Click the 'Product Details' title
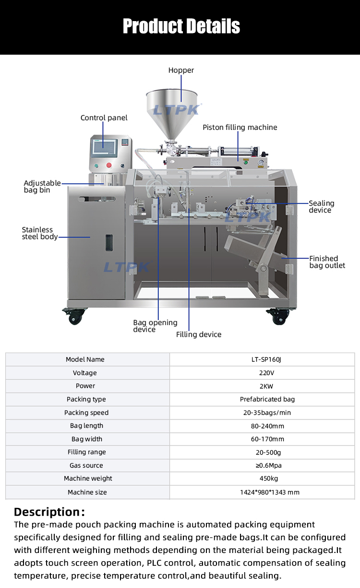[181, 26]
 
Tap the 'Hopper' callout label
[181, 71]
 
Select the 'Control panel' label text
[104, 118]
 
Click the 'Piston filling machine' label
[240, 128]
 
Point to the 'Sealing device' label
[321, 207]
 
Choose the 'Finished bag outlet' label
[327, 262]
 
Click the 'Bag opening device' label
[155, 326]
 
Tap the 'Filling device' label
[199, 335]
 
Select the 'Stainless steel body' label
[40, 233]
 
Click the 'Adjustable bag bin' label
[42, 187]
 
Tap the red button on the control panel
[109, 165]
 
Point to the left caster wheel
[76, 316]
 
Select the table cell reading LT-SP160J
[262, 359]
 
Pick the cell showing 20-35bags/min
[262, 412]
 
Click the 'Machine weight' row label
[88, 479]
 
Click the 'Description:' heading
[49, 512]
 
